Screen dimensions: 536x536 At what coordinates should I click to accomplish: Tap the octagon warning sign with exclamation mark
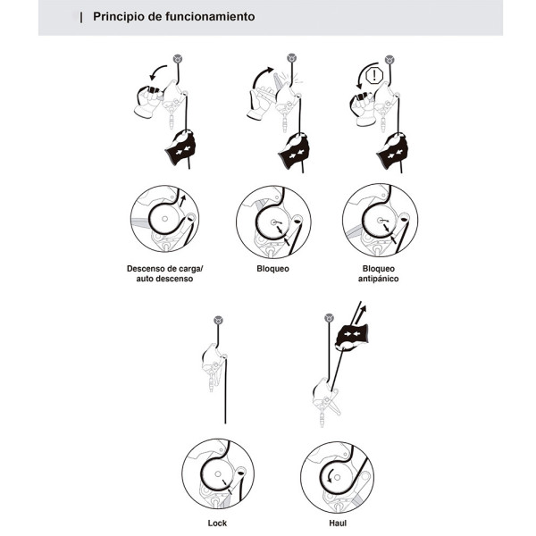coord(374,76)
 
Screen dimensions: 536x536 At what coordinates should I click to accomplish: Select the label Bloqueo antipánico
coord(378,273)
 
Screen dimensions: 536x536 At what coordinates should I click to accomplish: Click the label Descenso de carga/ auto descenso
coord(164,273)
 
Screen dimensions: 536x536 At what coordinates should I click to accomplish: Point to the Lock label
coord(217,523)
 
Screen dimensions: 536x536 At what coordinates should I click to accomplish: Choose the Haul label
coord(338,523)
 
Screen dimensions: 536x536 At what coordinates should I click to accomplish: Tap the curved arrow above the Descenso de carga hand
coord(156,71)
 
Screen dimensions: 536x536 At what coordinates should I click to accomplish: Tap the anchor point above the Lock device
coord(218,321)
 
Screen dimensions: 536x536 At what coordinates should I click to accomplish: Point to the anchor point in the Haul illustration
coord(329,318)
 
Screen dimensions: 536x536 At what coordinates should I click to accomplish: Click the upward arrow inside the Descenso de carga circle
coord(182,201)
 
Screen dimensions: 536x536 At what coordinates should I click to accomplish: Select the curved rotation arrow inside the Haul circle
coord(330,476)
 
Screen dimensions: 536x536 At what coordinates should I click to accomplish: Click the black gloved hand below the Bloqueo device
coord(294,150)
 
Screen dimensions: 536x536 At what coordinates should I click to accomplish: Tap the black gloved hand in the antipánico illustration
coord(392,150)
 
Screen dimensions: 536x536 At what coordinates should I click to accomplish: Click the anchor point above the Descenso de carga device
coord(178,59)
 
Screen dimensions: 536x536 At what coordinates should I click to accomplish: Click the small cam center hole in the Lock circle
coord(218,474)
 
